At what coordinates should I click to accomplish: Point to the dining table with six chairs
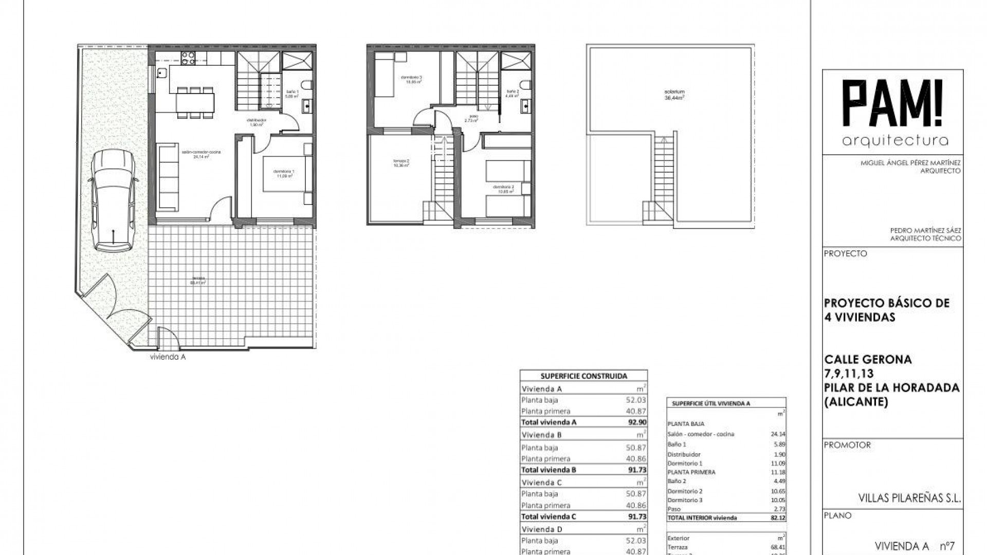(194, 102)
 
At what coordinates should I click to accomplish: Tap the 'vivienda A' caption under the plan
(167, 357)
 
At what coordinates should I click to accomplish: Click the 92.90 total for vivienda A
(636, 422)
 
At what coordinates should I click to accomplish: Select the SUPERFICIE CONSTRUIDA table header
(584, 376)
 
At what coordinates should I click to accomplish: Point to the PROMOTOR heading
(847, 445)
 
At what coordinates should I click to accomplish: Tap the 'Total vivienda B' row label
(549, 470)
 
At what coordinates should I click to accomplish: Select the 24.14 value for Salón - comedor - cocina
(777, 434)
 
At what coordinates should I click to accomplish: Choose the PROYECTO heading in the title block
(845, 254)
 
